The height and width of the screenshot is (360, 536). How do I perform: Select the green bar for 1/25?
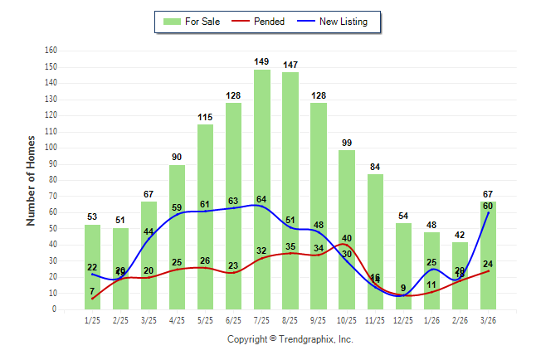[x=92, y=266]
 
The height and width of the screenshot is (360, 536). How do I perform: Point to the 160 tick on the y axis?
[x=51, y=51]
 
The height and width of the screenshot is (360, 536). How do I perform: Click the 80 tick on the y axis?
[x=53, y=180]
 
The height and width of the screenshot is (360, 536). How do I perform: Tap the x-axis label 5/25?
[x=205, y=320]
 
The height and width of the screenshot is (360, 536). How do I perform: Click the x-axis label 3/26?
[x=488, y=320]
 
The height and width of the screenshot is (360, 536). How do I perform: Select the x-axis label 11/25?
[x=375, y=320]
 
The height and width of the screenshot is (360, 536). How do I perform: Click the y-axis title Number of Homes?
[x=32, y=180]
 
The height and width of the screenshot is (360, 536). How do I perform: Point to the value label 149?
[x=261, y=61]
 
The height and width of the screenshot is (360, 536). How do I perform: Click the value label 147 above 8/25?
[x=290, y=65]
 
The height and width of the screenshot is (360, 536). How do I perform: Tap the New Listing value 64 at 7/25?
[x=261, y=199]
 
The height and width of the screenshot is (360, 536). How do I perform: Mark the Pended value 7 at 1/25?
[x=92, y=291]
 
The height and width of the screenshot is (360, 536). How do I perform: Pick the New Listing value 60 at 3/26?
[x=488, y=206]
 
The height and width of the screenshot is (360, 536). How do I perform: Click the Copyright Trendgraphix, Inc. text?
[x=290, y=339]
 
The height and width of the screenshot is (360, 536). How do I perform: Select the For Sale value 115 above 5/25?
[x=205, y=117]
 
